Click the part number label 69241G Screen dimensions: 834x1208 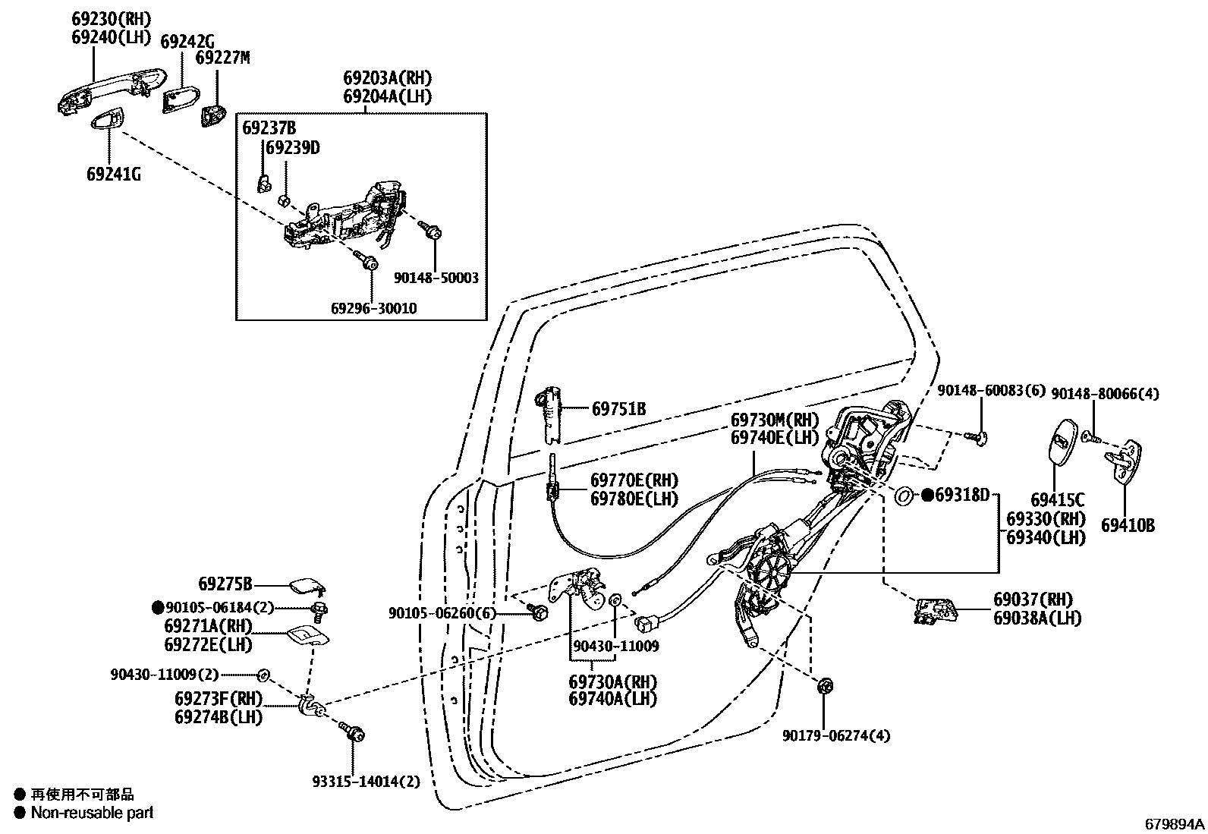113,174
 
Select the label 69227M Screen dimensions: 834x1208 222,58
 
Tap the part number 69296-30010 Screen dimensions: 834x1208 373,309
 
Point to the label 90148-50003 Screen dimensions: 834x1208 436,279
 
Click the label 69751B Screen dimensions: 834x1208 618,409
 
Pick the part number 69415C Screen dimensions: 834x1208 1057,500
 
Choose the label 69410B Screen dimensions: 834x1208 1128,524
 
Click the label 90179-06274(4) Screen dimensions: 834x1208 836,735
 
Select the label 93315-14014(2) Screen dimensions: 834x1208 366,781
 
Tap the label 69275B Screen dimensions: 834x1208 225,584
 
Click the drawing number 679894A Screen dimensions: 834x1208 1174,823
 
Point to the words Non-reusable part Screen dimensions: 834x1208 92,813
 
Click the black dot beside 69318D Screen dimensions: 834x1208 927,496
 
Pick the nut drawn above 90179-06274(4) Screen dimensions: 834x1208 825,687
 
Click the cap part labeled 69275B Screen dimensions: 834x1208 307,585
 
